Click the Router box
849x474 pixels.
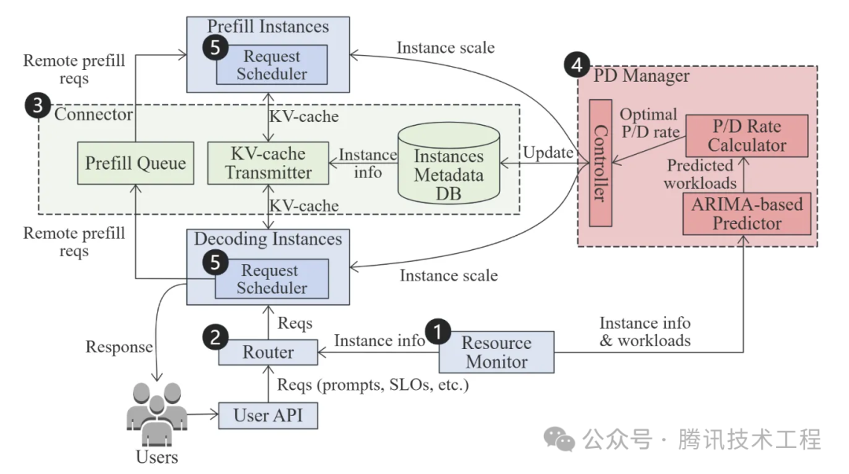(267, 351)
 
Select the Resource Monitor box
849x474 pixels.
(496, 352)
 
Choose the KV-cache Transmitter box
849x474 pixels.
(269, 162)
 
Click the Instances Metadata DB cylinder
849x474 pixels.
(448, 165)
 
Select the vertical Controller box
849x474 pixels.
(600, 163)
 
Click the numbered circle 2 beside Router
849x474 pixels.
(215, 336)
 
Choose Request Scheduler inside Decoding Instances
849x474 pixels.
(271, 278)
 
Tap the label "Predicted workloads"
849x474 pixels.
(700, 175)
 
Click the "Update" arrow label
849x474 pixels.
(549, 152)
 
